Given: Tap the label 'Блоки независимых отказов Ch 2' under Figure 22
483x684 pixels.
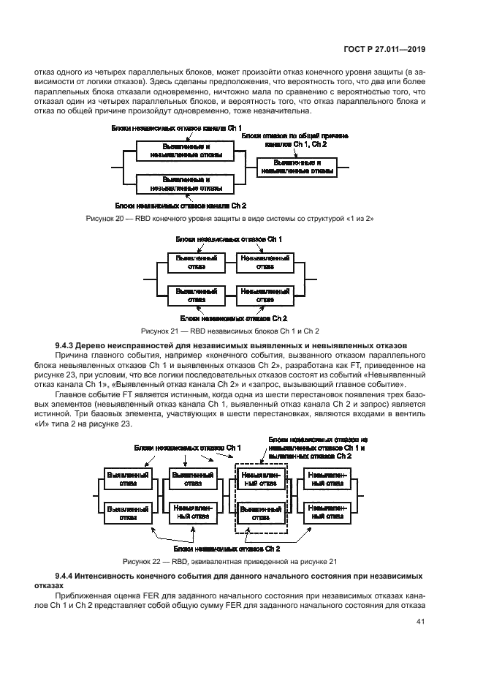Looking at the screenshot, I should click(x=227, y=548).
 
